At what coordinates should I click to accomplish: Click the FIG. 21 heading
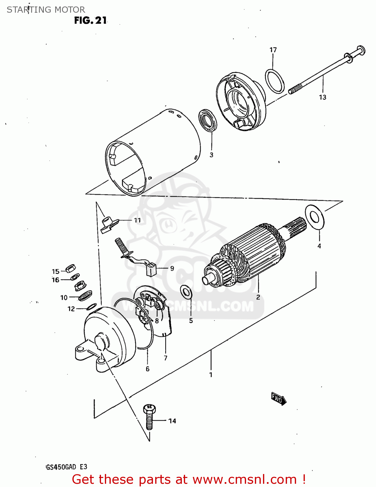tap(90, 20)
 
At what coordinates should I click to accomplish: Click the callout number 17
tap(273, 50)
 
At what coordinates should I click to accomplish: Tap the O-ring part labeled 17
tap(275, 81)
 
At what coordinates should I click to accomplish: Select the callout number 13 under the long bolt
tap(322, 97)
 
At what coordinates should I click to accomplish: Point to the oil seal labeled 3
tap(208, 120)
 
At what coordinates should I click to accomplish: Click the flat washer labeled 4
tap(315, 216)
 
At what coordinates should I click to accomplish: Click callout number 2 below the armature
tap(258, 297)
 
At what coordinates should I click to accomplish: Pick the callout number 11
tap(137, 220)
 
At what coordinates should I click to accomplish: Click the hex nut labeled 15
tap(70, 268)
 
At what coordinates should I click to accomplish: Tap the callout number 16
tap(56, 280)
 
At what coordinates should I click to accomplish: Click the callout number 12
tap(71, 309)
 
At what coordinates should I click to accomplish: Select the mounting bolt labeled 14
tap(149, 418)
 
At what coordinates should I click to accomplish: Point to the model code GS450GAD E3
tap(67, 467)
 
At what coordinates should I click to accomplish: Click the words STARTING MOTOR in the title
tap(46, 10)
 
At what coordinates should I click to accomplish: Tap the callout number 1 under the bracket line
tap(211, 375)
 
